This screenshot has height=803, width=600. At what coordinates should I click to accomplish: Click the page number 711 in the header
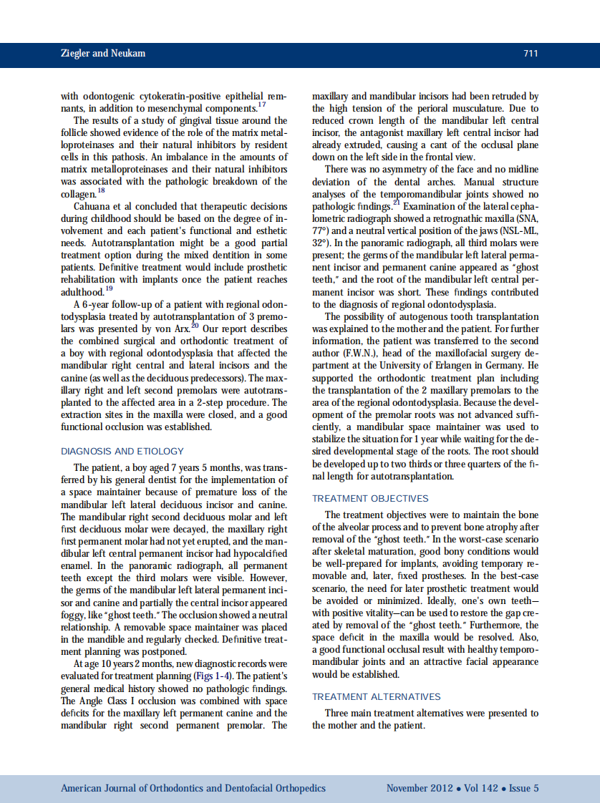pos(531,54)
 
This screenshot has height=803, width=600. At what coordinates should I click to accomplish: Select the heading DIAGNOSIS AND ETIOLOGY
pos(122,452)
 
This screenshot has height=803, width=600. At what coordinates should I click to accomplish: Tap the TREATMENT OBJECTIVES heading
pos(370,498)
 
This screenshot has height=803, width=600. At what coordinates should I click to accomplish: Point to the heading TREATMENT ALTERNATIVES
pos(376,696)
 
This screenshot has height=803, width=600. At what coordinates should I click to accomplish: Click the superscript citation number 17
pos(262,105)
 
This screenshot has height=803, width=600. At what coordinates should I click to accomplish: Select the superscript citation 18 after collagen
pos(101,191)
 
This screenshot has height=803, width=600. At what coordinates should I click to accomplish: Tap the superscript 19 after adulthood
pos(109,289)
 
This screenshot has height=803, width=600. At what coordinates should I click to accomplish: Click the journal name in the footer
pos(193,789)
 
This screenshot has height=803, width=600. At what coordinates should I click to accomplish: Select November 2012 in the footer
pos(420,789)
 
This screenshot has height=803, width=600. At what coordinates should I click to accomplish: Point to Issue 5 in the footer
pos(523,789)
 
